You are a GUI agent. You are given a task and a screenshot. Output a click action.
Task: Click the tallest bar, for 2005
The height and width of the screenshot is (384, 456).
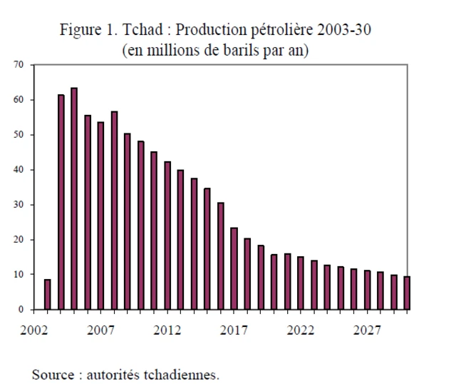click(x=74, y=199)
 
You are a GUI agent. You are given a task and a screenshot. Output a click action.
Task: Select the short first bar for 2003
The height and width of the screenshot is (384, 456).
click(x=47, y=294)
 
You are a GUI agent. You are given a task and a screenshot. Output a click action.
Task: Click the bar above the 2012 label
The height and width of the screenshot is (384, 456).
click(x=167, y=236)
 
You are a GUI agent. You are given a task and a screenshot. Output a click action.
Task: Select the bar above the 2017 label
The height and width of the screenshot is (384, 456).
click(x=234, y=268)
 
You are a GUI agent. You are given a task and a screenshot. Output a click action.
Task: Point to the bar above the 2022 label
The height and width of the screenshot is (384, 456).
click(x=301, y=283)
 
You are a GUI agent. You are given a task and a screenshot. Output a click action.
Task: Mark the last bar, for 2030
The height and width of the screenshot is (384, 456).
click(x=407, y=293)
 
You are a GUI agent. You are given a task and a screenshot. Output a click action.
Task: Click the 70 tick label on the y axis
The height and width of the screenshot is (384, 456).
click(x=19, y=65)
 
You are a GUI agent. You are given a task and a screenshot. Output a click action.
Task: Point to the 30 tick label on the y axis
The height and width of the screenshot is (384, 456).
click(x=19, y=205)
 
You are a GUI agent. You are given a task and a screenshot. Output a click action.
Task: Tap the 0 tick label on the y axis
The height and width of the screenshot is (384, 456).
click(x=21, y=310)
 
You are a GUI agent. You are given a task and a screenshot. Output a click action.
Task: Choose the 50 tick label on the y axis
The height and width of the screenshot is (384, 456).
click(x=19, y=135)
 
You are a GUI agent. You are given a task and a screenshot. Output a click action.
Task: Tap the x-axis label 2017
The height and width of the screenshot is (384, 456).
click(x=234, y=330)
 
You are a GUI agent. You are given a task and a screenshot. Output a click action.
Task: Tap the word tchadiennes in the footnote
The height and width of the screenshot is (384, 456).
click(x=185, y=373)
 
